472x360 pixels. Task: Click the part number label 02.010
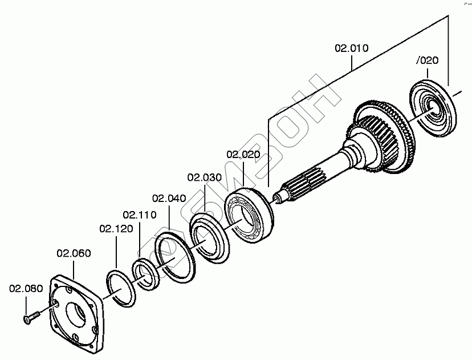tap(351, 48)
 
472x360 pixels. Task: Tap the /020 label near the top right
tap(428, 59)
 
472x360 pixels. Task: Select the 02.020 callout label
tap(243, 155)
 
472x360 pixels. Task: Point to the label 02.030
tap(204, 177)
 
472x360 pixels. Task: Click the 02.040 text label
tap(169, 198)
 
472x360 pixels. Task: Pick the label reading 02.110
tap(140, 215)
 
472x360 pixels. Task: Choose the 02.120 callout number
tap(116, 229)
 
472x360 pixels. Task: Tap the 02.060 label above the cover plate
tap(74, 253)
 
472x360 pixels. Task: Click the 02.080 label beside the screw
tap(26, 289)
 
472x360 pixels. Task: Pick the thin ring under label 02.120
tap(121, 289)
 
